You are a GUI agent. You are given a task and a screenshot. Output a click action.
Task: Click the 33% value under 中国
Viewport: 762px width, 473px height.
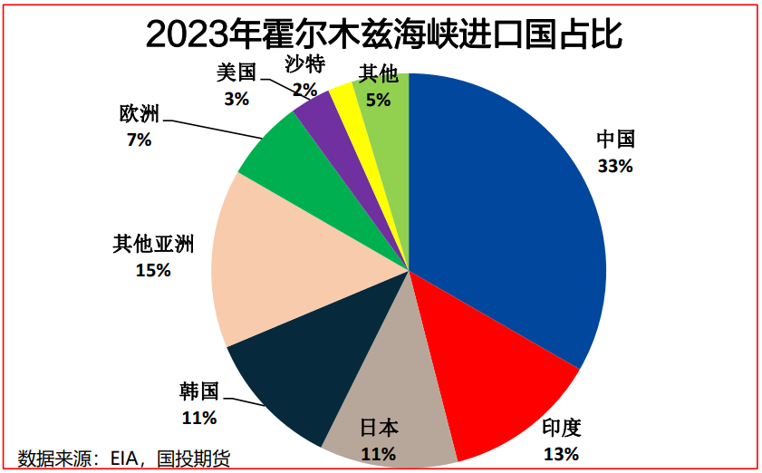pyautogui.click(x=615, y=167)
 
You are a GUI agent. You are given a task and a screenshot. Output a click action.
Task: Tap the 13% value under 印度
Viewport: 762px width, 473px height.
pyautogui.click(x=561, y=454)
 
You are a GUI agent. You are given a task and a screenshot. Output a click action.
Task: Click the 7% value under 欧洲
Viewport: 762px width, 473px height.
pyautogui.click(x=140, y=140)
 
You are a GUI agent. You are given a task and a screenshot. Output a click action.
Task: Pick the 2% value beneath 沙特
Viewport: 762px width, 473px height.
pyautogui.click(x=304, y=90)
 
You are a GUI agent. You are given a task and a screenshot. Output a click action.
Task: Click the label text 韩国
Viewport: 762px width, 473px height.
pyautogui.click(x=199, y=392)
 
